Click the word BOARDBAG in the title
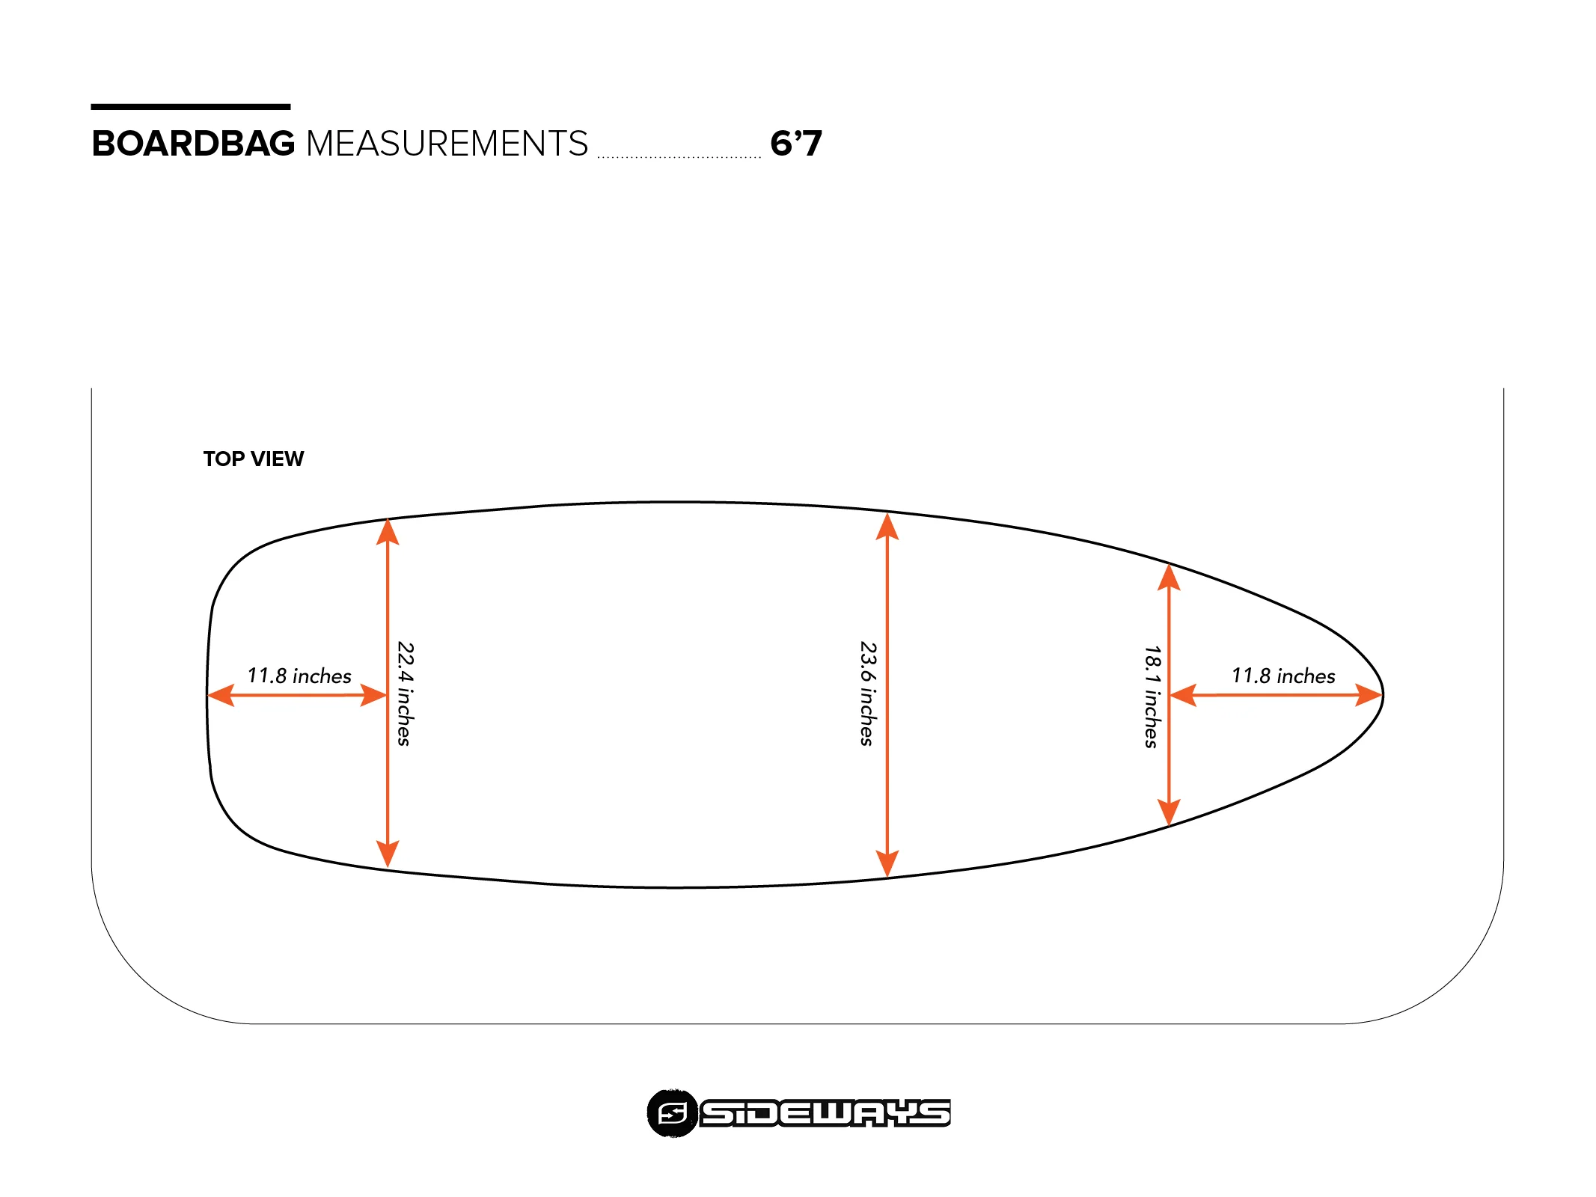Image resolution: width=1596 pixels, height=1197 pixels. point(193,144)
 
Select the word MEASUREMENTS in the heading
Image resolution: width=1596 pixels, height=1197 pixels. point(447,144)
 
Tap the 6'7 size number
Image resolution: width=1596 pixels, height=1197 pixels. point(795,144)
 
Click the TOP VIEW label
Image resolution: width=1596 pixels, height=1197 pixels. point(254,459)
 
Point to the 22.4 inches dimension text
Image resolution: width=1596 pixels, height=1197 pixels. point(405,694)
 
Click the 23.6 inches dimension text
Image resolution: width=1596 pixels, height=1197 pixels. point(867,694)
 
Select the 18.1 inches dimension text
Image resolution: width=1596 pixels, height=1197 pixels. point(1152,697)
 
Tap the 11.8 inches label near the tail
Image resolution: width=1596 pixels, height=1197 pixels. point(299,676)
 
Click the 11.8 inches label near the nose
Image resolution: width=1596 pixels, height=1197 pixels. point(1283,676)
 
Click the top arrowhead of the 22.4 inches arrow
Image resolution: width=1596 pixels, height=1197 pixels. point(388,530)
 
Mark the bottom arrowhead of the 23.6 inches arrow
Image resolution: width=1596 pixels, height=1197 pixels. point(887,863)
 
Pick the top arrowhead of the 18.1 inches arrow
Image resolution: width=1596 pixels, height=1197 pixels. point(1169,578)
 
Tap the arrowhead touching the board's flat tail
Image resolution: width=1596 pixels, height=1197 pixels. point(221,695)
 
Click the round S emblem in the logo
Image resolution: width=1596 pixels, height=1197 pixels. point(672,1113)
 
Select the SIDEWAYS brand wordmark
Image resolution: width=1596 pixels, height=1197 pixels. point(825,1113)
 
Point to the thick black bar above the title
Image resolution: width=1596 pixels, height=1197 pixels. point(191,107)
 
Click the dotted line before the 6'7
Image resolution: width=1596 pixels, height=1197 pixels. point(679,157)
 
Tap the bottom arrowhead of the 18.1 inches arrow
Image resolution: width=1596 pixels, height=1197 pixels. point(1169,812)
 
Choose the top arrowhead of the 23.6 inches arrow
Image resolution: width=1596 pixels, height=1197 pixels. point(887,527)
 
